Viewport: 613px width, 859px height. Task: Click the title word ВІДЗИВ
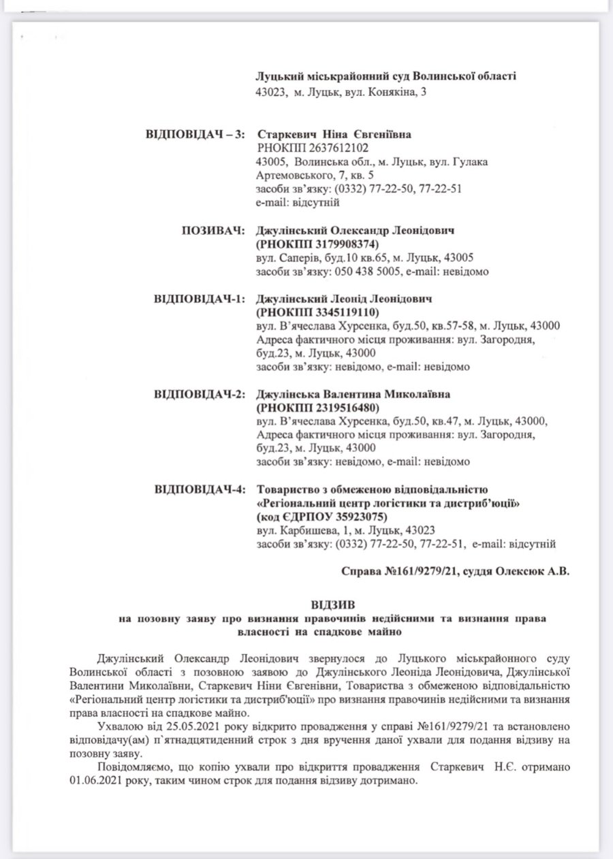click(332, 605)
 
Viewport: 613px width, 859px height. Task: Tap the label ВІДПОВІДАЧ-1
click(200, 299)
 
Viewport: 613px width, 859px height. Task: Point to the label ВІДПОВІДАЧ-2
click(200, 395)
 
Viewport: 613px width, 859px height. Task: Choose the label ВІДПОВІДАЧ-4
click(200, 490)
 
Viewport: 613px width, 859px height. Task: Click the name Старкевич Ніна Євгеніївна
click(334, 135)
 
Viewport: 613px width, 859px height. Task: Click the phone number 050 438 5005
click(366, 272)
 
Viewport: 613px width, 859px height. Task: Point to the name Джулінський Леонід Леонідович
click(345, 299)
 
